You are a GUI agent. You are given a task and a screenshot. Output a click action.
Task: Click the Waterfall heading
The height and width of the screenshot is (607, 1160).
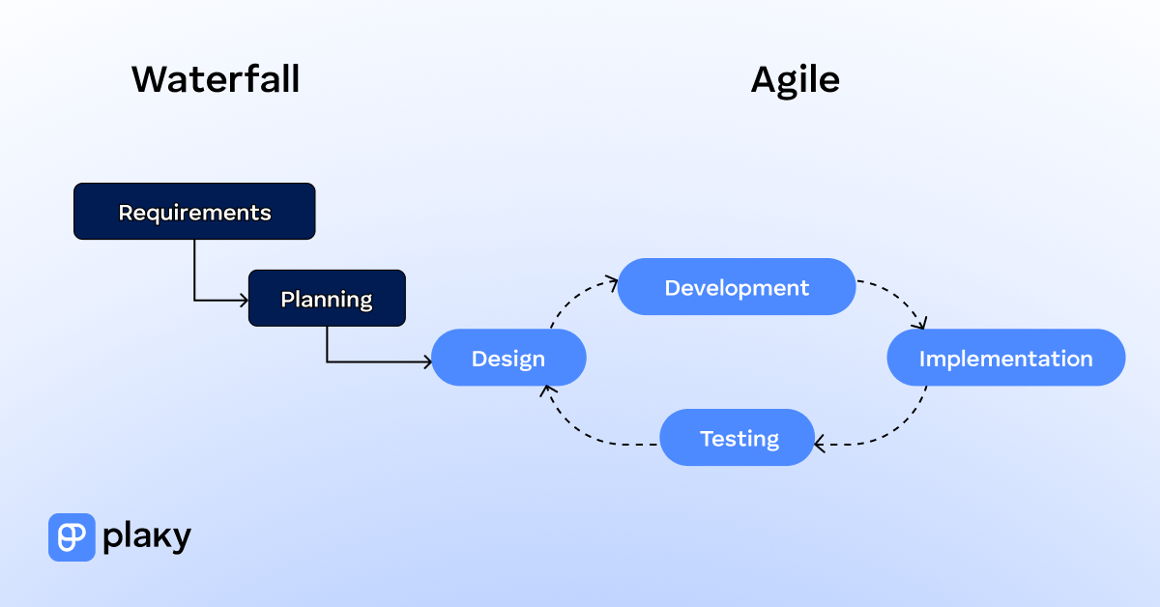tap(216, 79)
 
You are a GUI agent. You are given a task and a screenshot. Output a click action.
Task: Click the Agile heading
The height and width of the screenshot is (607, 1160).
tap(795, 79)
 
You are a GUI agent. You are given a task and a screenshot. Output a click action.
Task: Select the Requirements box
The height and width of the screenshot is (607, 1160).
tap(194, 212)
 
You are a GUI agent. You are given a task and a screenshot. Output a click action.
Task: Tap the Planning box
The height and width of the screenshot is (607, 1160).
tap(327, 299)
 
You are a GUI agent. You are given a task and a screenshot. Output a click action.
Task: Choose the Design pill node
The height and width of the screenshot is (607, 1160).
tap(508, 359)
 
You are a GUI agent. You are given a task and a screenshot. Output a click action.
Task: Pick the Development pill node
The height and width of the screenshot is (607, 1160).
tap(737, 287)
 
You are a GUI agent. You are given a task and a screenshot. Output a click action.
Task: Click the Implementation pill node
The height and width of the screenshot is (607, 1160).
tap(1005, 359)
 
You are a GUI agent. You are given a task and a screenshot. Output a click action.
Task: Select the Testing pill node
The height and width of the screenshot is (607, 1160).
tap(738, 438)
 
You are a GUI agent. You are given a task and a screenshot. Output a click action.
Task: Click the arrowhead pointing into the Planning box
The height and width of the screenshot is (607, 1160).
tap(244, 301)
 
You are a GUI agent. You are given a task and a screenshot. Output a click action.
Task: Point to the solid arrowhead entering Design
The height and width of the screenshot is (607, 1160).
tap(426, 362)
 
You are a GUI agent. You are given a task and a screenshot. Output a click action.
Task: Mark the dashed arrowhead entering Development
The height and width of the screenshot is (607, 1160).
tap(612, 282)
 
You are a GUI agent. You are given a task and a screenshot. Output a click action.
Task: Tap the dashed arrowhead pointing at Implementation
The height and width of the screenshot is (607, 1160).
tap(921, 324)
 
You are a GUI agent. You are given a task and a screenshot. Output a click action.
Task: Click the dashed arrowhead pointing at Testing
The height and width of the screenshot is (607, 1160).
tap(820, 445)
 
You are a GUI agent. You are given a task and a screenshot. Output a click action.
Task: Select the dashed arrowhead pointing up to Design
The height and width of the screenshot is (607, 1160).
tap(547, 390)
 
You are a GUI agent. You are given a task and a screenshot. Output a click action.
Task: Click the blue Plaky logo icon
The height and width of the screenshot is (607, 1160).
tap(72, 536)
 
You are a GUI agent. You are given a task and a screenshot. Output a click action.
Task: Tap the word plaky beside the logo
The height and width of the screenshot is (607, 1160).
tap(147, 536)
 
